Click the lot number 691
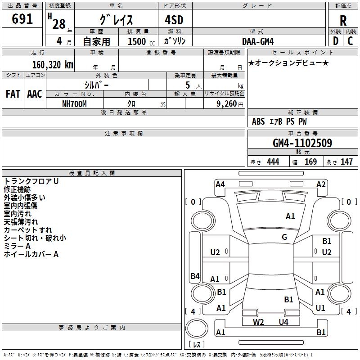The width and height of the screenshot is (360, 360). tap(22, 19)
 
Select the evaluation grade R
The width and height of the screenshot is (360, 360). tap(343, 21)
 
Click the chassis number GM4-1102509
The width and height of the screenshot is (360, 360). tap(302, 143)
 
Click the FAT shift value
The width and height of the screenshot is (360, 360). tap(13, 94)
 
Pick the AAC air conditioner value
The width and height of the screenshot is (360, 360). tap(34, 94)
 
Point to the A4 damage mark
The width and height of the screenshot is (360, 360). tap(220, 184)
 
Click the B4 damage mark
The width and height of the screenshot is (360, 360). tap(195, 276)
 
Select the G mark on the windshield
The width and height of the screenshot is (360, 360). tap(284, 237)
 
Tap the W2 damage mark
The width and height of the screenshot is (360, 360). tap(258, 322)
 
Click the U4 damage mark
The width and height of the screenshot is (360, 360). tap(283, 322)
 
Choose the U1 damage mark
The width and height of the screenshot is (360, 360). tap(320, 308)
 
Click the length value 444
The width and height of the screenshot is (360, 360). tap(273, 162)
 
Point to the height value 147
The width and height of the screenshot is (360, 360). tap(346, 162)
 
